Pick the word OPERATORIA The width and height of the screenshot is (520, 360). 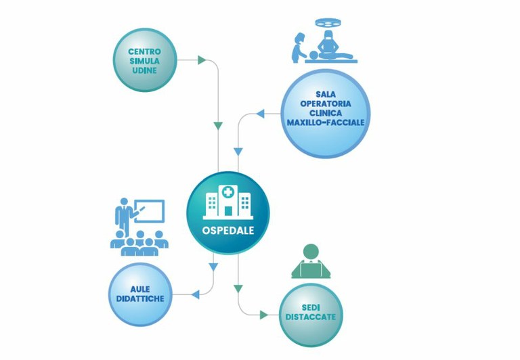coord(325,104)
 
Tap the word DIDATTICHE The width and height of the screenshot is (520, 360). coord(141,298)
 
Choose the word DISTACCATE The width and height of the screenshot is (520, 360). coord(311,317)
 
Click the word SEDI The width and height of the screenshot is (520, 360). coord(311,307)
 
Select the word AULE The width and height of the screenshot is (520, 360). coord(141,289)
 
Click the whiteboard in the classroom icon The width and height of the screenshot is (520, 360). coord(149,210)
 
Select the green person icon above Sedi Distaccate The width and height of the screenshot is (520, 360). coord(311,261)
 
